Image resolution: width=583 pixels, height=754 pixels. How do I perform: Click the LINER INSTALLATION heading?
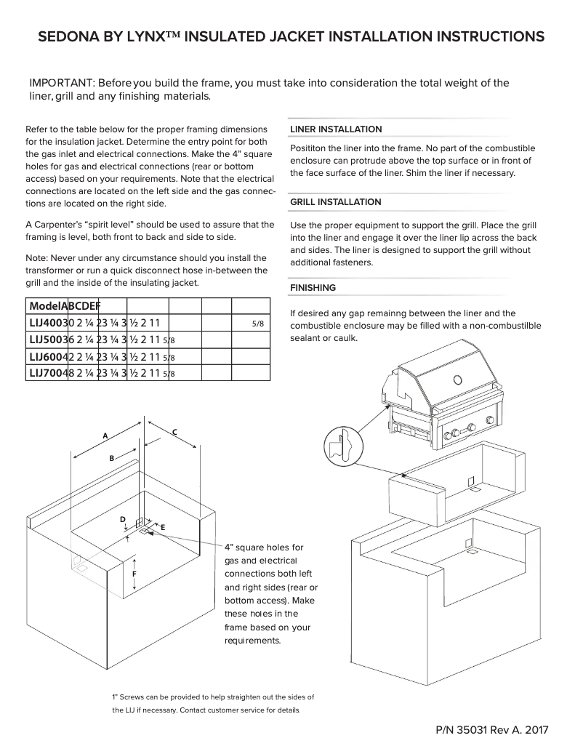[335, 129]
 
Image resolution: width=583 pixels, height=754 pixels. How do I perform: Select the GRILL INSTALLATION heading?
[335, 202]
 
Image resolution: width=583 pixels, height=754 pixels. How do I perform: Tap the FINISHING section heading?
[313, 288]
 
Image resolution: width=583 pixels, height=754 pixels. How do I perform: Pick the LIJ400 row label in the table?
[46, 321]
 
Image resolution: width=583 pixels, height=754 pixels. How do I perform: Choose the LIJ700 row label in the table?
[46, 373]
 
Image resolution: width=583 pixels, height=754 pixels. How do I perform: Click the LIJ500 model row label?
[46, 339]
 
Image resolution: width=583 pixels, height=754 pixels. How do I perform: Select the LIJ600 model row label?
[46, 356]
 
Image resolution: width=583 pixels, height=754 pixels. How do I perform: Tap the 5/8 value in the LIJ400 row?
[257, 322]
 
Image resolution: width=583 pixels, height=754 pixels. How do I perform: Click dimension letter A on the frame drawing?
[105, 436]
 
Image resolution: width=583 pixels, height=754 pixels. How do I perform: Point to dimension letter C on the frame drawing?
[174, 432]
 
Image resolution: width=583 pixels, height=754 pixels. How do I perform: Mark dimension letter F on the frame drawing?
[134, 574]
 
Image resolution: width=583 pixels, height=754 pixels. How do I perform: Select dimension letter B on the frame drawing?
[112, 458]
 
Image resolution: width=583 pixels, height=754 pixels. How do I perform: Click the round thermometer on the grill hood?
[457, 379]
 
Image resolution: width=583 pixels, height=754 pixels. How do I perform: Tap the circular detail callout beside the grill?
[343, 444]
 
